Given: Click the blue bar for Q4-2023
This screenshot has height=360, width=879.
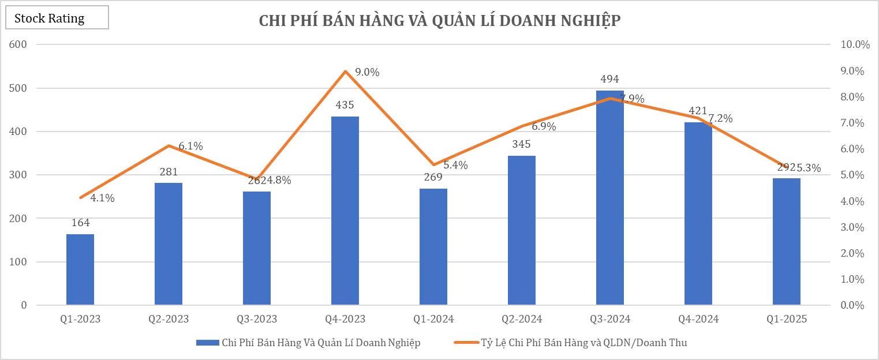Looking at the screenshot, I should [345, 211].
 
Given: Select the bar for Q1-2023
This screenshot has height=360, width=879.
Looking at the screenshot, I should [80, 269].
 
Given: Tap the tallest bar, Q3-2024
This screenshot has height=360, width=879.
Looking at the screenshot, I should [610, 198].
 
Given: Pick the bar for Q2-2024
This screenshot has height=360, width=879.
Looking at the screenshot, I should [522, 230].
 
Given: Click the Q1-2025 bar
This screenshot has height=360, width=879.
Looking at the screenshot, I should [787, 242].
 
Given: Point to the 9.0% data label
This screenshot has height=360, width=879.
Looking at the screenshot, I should [367, 72].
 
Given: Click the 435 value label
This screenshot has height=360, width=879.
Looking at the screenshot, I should [345, 105].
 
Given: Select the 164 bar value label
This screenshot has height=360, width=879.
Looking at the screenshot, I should [80, 223].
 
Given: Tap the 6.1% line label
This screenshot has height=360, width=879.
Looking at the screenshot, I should [190, 146].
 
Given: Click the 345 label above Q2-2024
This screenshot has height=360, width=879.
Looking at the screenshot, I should [522, 144].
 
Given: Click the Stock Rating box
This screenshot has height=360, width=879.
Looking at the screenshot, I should [57, 18].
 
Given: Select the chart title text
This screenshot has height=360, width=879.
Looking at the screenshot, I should [439, 21].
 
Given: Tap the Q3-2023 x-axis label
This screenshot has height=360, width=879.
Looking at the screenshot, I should [257, 319].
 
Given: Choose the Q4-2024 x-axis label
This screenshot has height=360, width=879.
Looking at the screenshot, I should [698, 319].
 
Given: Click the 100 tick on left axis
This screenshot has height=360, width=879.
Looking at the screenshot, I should [19, 262].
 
